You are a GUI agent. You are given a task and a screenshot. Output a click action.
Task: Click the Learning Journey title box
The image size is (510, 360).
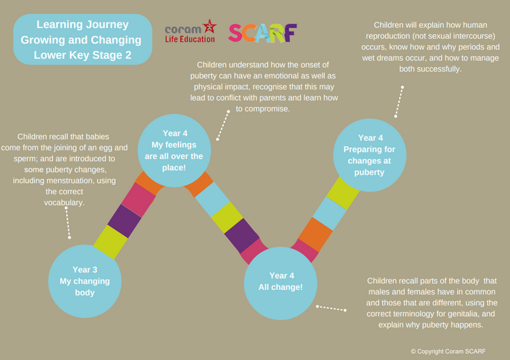coord(83,40)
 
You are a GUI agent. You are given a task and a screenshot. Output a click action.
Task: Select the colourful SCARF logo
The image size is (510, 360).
coord(263,33)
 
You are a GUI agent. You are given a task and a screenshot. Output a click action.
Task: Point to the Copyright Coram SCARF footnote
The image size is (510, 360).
coord(449,350)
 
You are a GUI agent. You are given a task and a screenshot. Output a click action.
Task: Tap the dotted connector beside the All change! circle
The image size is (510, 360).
coord(330,308)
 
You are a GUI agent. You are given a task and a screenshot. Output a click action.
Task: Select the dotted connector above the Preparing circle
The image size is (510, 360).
coord(400,102)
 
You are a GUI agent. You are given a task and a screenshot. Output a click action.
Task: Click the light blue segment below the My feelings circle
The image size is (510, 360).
coord(211,199)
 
